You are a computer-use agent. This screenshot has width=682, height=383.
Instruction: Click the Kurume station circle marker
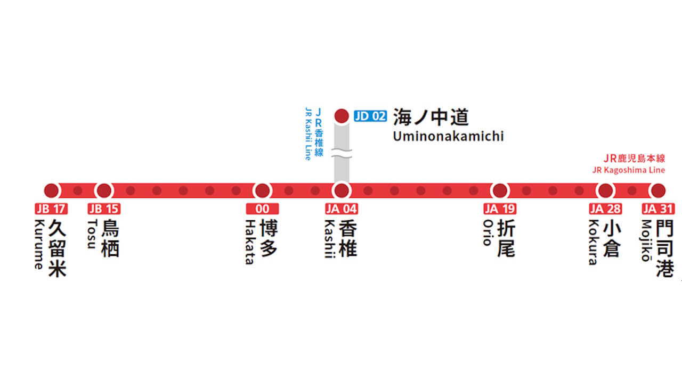(x=51, y=190)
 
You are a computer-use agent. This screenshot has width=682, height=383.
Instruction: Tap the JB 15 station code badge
(x=104, y=209)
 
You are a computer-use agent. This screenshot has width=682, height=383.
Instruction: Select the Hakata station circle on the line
(x=263, y=190)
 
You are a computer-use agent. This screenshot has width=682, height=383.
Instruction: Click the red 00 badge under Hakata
(x=262, y=209)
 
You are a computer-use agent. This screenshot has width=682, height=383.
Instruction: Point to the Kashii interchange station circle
(x=342, y=190)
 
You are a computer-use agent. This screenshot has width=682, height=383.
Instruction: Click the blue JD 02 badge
(x=370, y=116)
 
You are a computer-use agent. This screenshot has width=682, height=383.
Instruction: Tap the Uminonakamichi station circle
(x=341, y=116)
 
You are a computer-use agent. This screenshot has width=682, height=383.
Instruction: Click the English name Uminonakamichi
(x=448, y=136)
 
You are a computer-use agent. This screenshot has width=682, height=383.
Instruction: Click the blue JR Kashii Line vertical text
(x=314, y=134)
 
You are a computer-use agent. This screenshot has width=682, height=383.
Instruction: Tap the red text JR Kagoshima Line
(x=628, y=170)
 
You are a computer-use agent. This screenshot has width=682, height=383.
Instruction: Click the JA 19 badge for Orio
(x=500, y=209)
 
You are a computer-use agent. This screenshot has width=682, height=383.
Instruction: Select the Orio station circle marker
(x=500, y=190)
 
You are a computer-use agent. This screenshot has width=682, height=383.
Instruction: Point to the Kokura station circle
(x=605, y=190)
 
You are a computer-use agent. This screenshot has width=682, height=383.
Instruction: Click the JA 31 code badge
(x=658, y=209)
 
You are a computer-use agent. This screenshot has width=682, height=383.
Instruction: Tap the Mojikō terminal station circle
(x=658, y=190)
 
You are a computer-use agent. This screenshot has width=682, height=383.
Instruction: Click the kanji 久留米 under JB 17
(x=57, y=249)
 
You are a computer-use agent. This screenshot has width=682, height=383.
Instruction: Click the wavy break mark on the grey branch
(x=342, y=155)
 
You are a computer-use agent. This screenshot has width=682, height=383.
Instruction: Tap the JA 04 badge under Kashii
(x=342, y=209)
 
